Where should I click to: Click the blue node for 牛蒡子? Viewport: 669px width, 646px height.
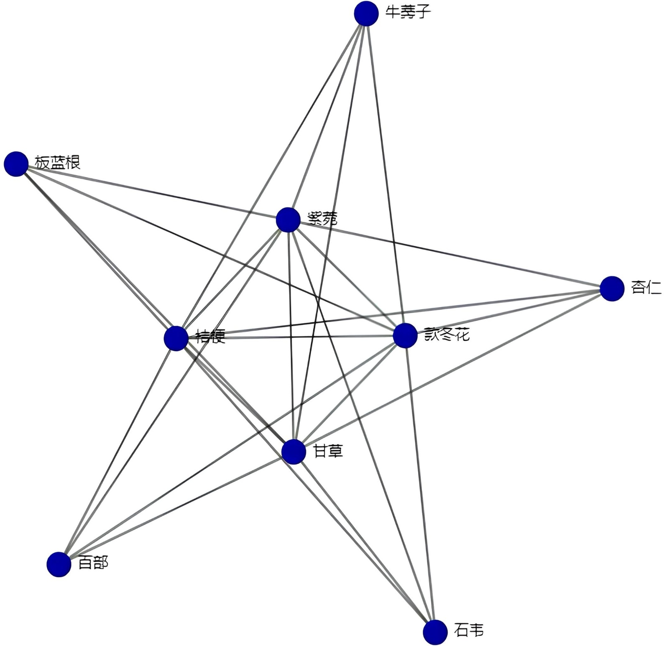click(366, 13)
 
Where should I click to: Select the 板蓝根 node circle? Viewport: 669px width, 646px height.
click(16, 164)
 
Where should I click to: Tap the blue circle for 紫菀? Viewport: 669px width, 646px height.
click(288, 220)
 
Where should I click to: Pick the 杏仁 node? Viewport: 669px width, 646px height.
click(612, 289)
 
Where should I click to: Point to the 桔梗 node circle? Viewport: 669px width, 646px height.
click(176, 338)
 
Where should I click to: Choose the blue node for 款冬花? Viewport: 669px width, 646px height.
click(405, 335)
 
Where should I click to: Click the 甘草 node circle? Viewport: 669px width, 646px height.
click(294, 452)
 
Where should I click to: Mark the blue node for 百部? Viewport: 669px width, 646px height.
click(59, 564)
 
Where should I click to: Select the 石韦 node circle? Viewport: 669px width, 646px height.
click(435, 632)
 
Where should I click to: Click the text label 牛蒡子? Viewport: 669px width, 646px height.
click(408, 12)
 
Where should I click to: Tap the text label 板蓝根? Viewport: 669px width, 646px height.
click(57, 162)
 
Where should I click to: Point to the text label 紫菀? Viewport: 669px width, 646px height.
click(322, 218)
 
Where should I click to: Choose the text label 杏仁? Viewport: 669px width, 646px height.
click(646, 287)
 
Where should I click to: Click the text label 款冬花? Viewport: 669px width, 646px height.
click(447, 334)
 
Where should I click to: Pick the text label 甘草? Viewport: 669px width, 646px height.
click(328, 451)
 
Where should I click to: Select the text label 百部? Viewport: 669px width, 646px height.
click(93, 563)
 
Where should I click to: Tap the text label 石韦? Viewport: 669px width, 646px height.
click(469, 630)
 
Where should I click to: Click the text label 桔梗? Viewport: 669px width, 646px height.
click(211, 336)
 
